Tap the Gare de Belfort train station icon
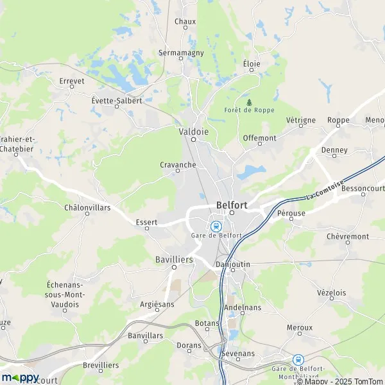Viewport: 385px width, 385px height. point(216,226)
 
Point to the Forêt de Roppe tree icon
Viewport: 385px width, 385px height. point(249,102)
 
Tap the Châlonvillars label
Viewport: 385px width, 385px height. point(87,207)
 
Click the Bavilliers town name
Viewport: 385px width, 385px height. point(174,259)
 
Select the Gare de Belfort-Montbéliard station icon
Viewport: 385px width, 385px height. point(298,360)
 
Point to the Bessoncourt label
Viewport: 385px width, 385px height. point(363,189)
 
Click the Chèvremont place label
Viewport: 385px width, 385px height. point(348,236)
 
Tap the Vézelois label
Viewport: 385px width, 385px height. point(331,293)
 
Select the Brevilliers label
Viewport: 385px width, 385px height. point(101,364)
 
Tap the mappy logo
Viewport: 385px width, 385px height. point(21,377)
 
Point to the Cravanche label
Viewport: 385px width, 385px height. point(178,164)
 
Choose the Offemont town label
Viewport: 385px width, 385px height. point(260,138)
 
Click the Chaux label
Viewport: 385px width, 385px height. point(185,21)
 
